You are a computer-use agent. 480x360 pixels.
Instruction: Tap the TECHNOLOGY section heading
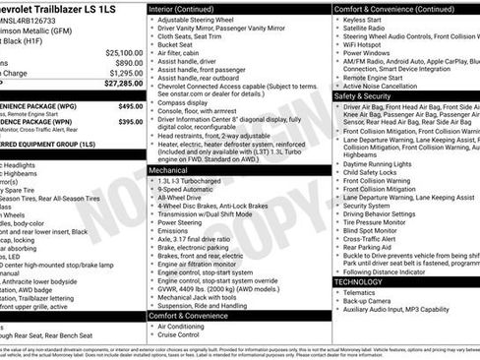[x=359, y=282]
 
